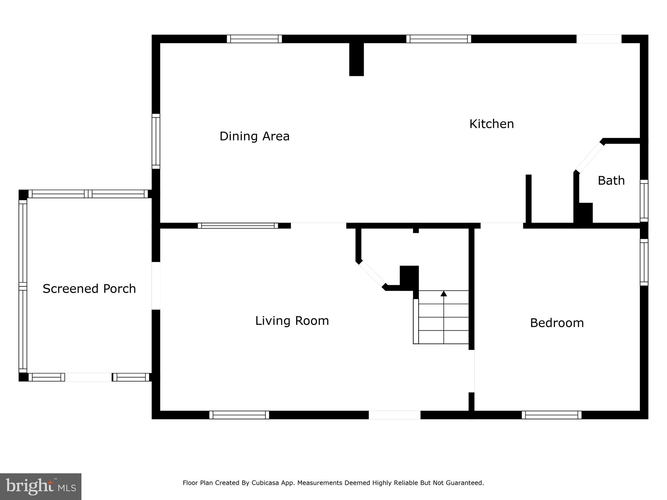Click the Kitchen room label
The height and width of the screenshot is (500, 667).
[x=491, y=124]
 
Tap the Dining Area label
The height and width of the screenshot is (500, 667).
[x=254, y=136]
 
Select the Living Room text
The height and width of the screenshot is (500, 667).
[x=292, y=321]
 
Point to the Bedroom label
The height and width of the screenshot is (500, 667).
[x=557, y=323]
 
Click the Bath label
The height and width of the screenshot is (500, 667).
[x=611, y=181]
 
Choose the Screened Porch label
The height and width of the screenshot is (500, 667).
[x=89, y=289]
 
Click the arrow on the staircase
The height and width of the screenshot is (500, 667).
[x=444, y=294]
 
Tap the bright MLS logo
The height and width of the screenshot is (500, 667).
[x=41, y=486]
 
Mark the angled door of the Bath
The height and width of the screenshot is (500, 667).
[x=589, y=157]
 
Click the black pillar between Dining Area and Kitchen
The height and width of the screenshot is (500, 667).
[x=356, y=59]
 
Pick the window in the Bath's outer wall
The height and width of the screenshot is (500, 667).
[x=644, y=201]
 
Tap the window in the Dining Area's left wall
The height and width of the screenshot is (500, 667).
[x=156, y=141]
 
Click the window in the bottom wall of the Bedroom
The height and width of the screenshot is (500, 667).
[x=551, y=415]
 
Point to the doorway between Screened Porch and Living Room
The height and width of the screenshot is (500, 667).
[x=156, y=286]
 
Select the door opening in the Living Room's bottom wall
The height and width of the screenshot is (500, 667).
[x=394, y=415]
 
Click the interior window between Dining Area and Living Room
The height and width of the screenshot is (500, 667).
[x=238, y=226]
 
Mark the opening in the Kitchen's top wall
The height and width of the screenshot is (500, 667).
[x=599, y=39]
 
